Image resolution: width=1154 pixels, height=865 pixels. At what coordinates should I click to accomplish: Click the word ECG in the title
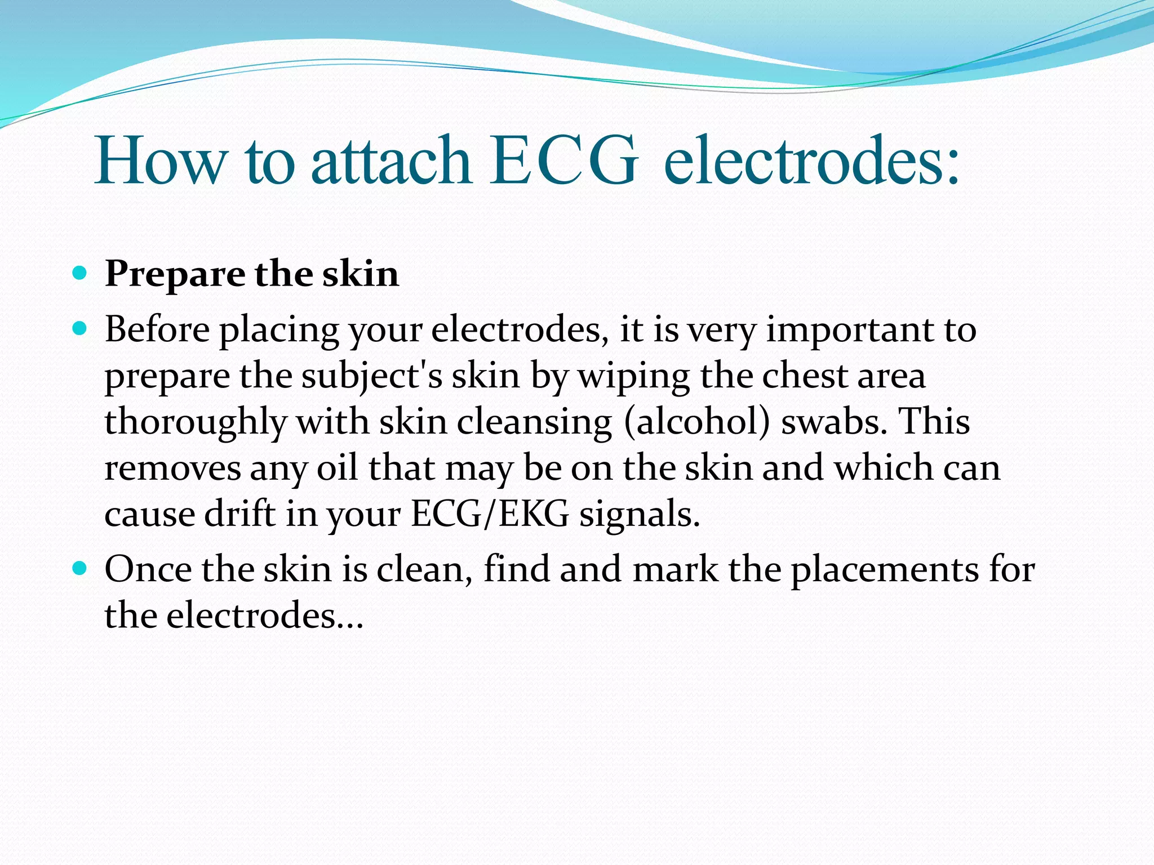564,162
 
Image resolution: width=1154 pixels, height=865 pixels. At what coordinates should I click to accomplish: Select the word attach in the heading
391,162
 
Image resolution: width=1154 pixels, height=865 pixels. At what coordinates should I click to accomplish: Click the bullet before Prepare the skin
80,274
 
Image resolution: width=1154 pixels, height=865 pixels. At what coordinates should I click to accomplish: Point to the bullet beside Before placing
80,328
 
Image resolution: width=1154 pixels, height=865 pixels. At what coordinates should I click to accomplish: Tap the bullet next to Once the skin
80,568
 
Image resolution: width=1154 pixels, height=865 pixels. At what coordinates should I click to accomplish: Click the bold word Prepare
175,275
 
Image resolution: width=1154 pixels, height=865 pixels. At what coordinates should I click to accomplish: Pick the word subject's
371,376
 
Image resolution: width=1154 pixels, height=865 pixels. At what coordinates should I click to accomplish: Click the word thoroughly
195,422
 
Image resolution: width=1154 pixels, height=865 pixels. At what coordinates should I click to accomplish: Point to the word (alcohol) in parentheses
696,422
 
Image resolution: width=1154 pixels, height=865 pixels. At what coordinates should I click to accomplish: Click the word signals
640,515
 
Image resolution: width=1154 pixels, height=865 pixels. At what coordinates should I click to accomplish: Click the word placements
884,570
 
